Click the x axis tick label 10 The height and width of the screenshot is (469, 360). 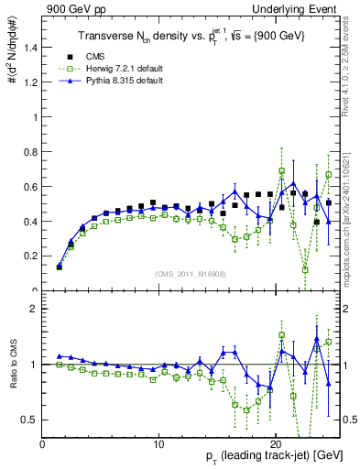coord(158,444)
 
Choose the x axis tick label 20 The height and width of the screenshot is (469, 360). coord(276,444)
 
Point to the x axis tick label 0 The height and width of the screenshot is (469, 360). coord(42,444)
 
